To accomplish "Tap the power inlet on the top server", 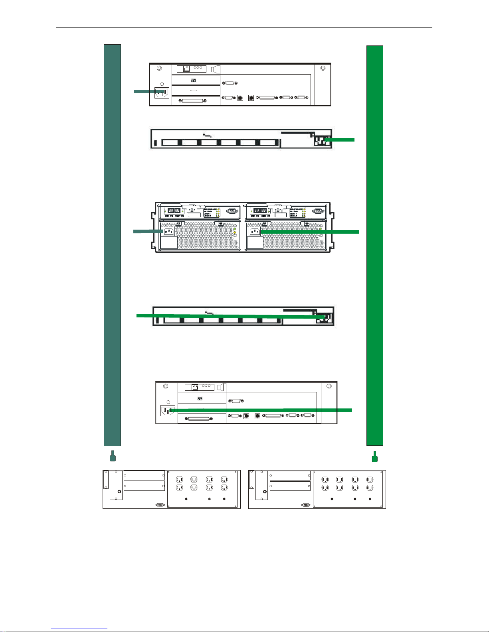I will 162,93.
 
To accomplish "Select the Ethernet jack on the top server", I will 186,69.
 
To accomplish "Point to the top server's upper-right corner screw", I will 323,68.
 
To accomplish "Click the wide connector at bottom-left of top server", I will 194,100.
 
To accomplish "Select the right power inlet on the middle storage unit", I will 254,232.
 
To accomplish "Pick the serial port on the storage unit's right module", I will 318,212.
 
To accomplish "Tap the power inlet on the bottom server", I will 168,410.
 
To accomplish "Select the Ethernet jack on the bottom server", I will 195,387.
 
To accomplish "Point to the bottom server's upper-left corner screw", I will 165,386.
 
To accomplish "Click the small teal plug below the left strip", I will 113,457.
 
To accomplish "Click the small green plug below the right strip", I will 374,457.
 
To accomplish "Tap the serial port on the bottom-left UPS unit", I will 160,505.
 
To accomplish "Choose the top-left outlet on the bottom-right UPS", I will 325,480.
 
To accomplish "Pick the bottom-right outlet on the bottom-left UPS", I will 224,488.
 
